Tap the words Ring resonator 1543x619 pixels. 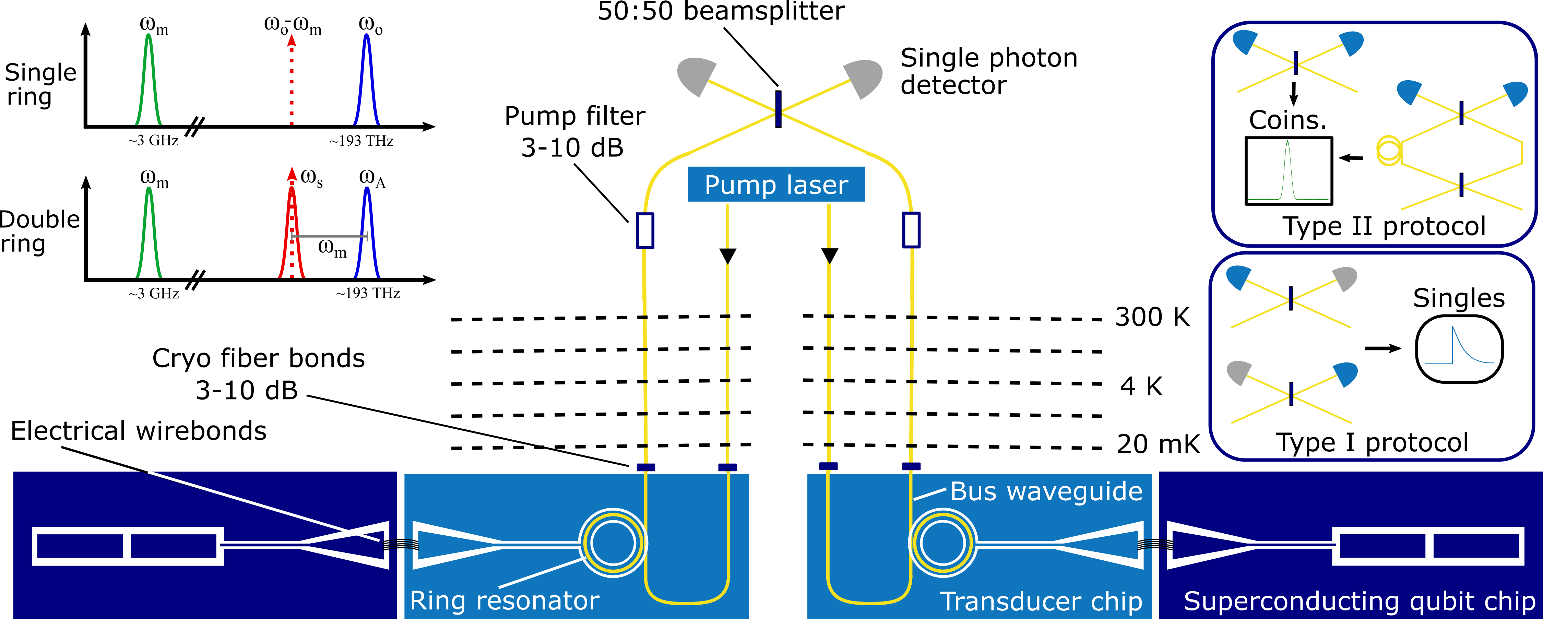point(505,600)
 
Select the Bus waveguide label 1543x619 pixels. point(1046,491)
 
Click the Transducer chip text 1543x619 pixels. point(1041,601)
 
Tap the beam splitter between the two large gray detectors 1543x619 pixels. point(778,110)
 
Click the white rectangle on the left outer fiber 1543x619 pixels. point(645,230)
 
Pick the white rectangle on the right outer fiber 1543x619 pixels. point(911,230)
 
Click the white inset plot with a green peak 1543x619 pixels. point(1288,169)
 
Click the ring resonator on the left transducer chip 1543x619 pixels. point(613,543)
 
